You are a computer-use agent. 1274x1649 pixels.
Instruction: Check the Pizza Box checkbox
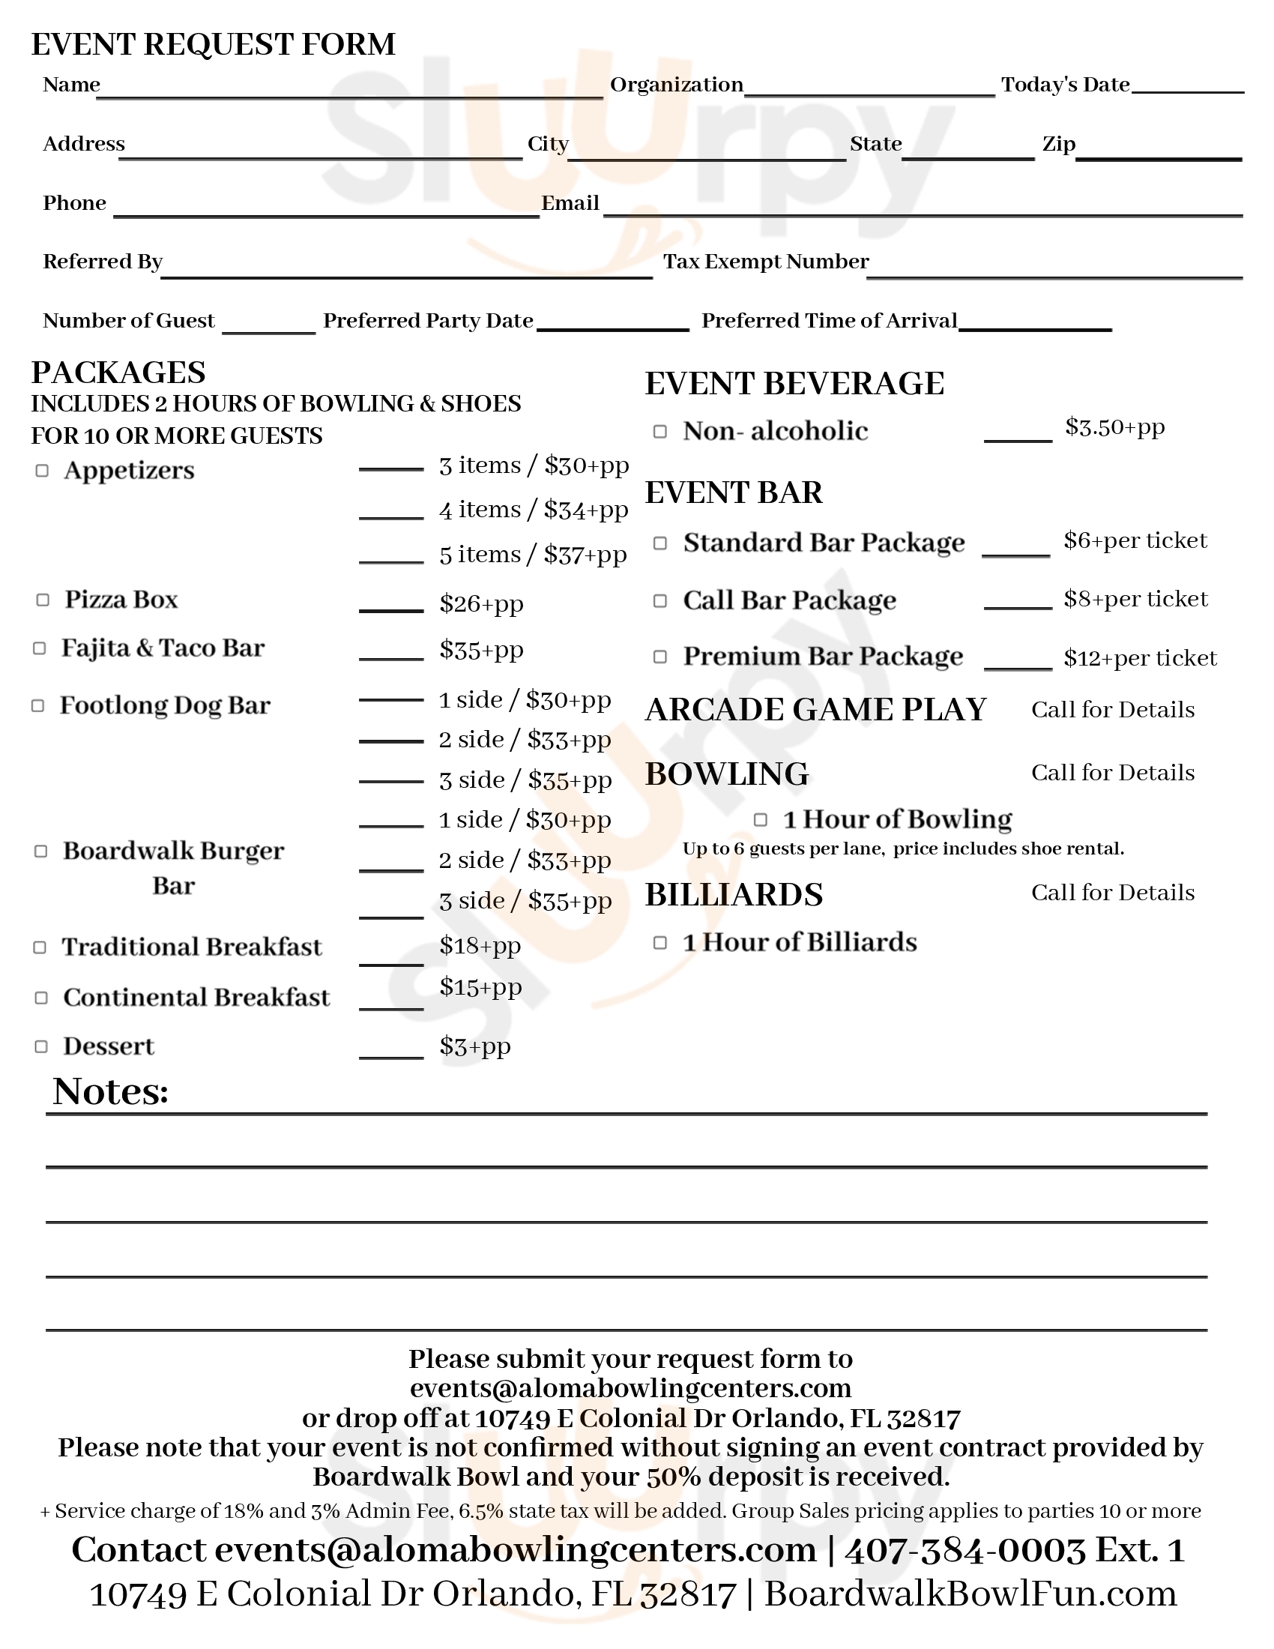pos(43,600)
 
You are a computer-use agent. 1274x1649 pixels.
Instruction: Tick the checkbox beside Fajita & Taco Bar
pos(40,648)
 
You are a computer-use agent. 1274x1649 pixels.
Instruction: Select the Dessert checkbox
pos(41,1046)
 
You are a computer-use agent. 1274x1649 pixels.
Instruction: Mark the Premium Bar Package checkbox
pos(659,657)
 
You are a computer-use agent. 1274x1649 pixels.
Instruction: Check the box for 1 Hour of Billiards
pos(659,942)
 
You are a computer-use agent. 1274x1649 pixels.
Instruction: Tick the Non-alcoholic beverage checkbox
pos(659,431)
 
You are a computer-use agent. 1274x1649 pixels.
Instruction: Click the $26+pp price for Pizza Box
pos(482,603)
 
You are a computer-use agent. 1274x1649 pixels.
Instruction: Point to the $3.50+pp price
pos(1115,427)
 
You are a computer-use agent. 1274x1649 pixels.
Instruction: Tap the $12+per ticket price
pos(1140,658)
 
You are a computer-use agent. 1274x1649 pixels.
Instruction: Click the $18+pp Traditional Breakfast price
pos(480,945)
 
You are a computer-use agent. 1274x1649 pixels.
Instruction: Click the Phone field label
pos(75,203)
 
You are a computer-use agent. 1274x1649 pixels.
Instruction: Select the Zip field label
pos(1058,143)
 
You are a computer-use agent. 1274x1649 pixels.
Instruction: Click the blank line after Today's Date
pos(1187,89)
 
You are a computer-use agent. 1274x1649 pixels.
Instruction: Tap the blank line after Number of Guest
pos(269,329)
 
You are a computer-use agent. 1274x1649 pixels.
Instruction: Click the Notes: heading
pos(111,1092)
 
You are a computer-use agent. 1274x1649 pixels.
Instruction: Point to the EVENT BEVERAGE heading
pos(794,384)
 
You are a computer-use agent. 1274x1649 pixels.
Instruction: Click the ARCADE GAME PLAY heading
pos(816,710)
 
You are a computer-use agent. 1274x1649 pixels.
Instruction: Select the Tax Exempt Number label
pos(766,262)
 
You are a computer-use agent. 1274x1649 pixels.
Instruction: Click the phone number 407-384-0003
pos(964,1550)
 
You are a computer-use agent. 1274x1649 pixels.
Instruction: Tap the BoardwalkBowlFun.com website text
pos(970,1594)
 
